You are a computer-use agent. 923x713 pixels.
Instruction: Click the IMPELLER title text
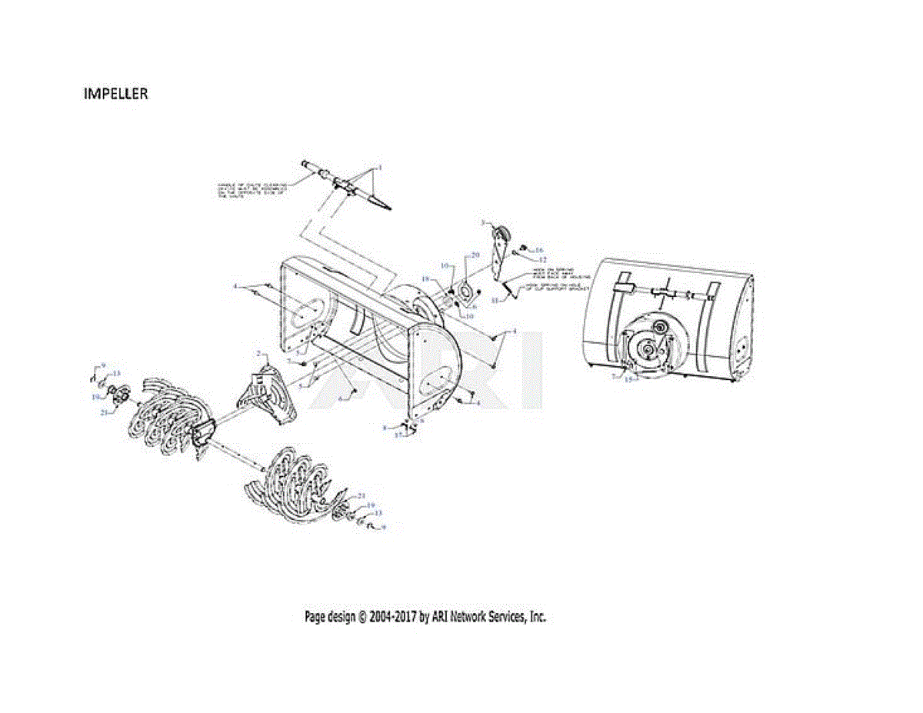115,94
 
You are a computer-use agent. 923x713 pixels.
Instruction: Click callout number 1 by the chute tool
379,167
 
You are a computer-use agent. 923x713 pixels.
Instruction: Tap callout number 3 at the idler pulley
483,222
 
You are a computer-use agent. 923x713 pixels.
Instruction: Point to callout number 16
539,250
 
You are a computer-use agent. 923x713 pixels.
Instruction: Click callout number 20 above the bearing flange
475,255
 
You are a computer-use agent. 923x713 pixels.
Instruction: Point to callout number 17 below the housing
398,435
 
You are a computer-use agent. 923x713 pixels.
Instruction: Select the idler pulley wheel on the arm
501,233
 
